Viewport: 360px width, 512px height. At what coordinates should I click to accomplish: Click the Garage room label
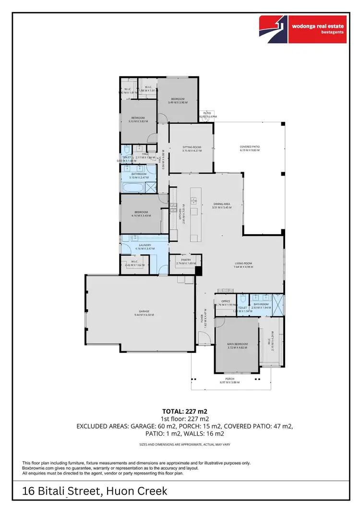tap(141, 311)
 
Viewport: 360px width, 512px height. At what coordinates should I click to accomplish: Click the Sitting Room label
tap(192, 147)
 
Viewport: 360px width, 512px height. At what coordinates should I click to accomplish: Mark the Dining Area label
tap(222, 204)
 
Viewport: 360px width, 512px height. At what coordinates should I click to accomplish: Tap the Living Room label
tap(244, 263)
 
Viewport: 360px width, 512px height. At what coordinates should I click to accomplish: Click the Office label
tap(226, 301)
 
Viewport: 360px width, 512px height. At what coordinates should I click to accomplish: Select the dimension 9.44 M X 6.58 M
tap(141, 315)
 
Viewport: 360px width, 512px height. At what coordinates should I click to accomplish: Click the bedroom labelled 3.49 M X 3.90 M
tap(178, 100)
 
